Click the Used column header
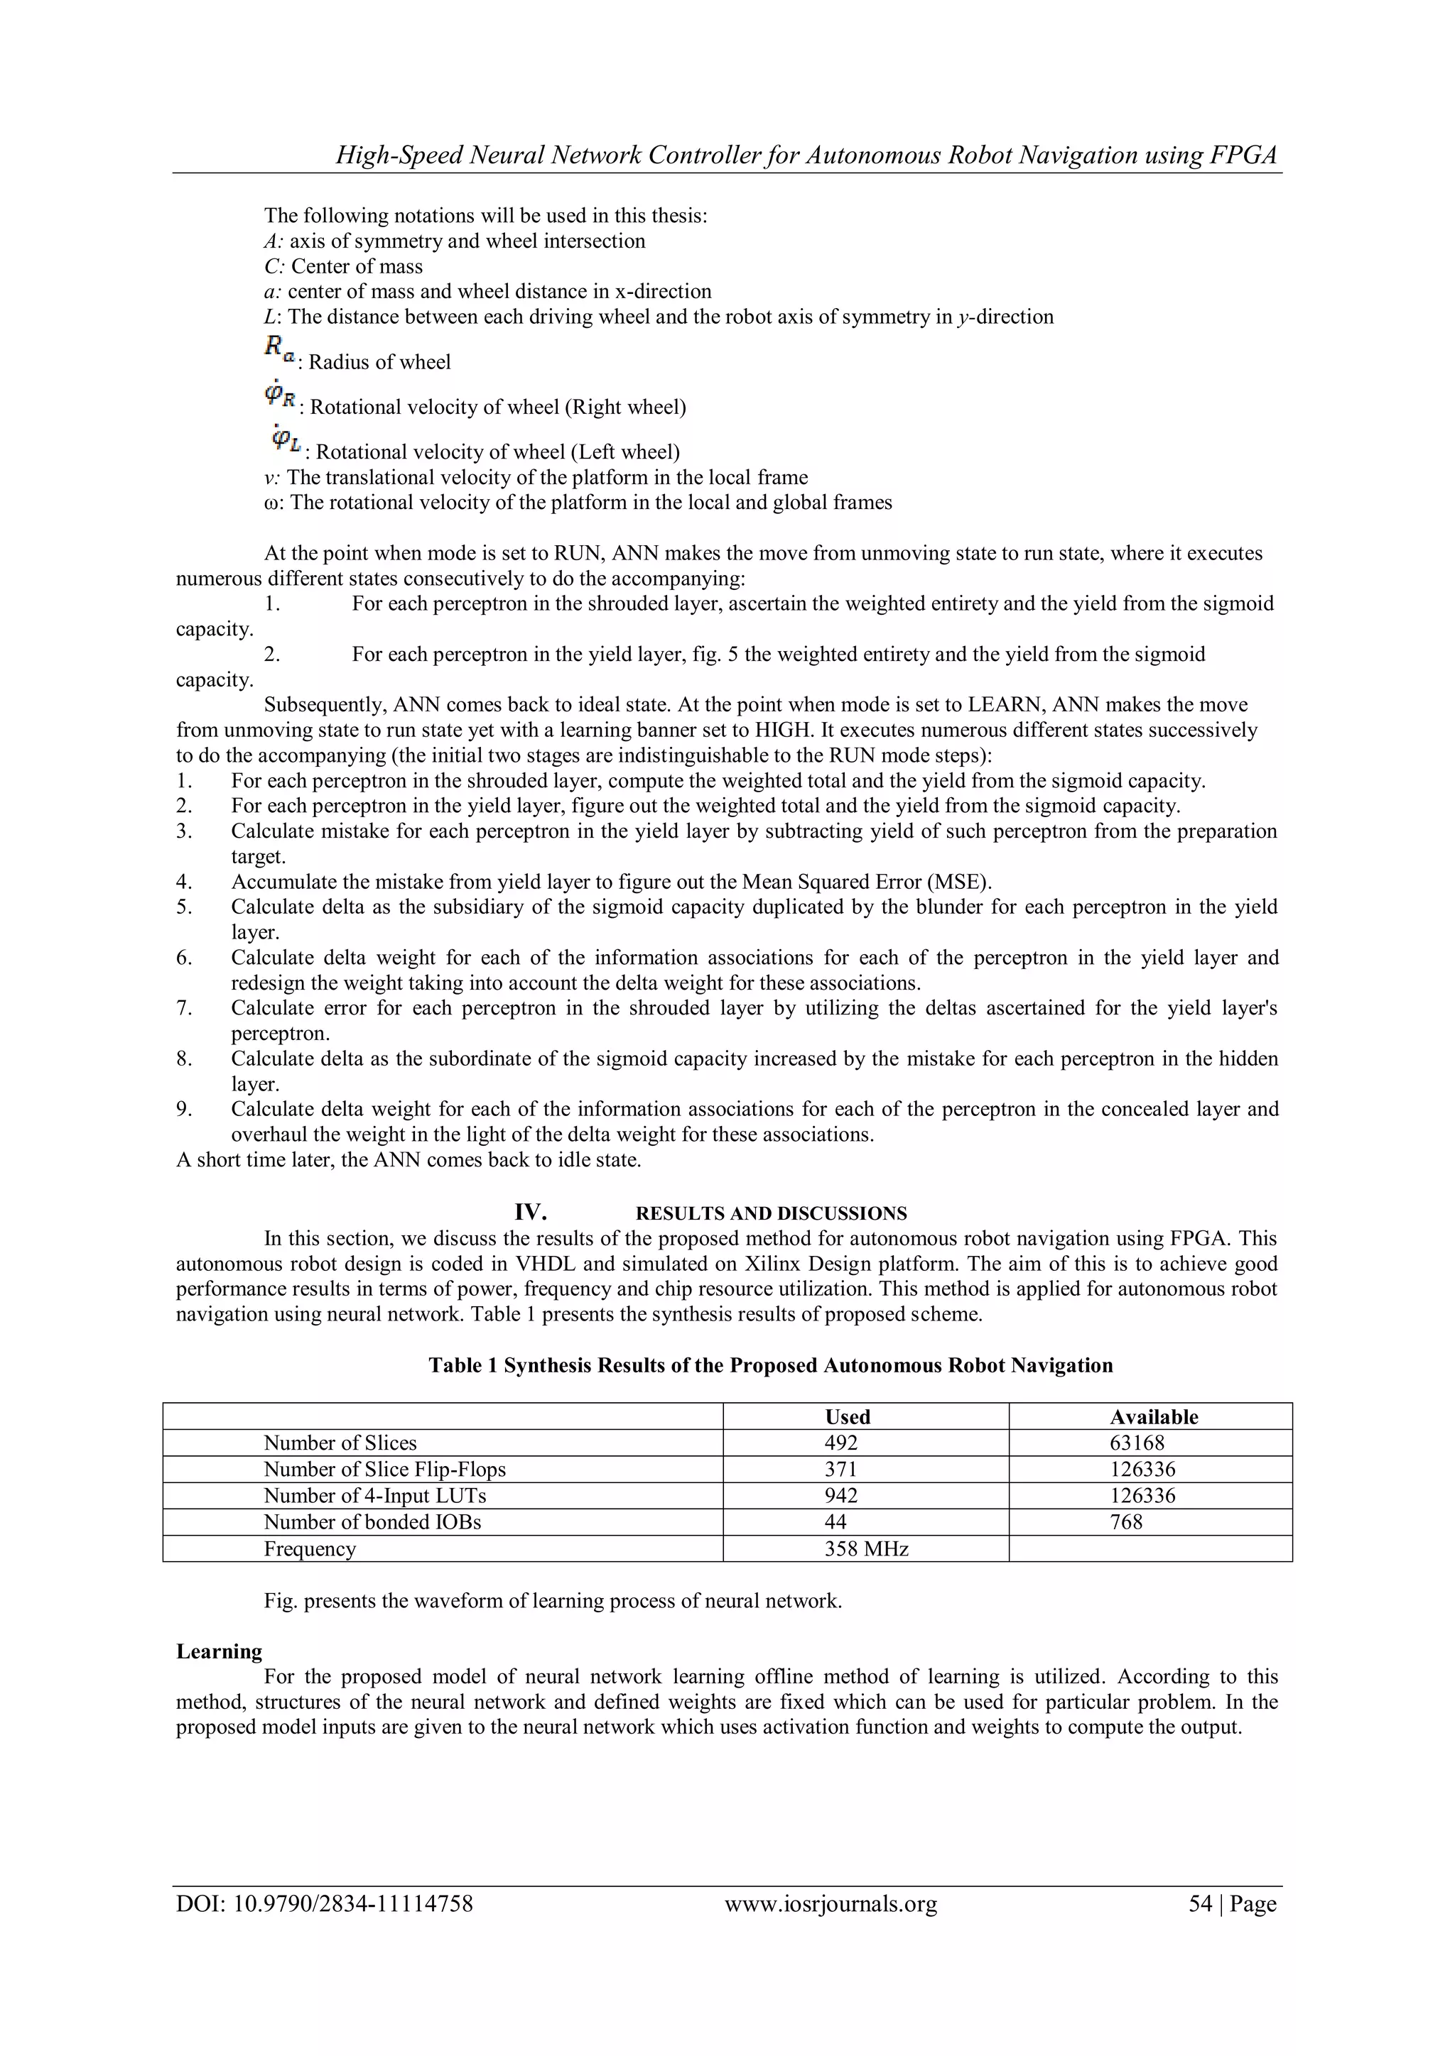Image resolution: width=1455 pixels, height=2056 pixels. click(847, 1416)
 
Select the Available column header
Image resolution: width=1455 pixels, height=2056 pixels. click(1153, 1416)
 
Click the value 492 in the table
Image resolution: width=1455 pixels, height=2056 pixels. click(840, 1443)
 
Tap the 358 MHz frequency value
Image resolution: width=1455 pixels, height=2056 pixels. click(865, 1548)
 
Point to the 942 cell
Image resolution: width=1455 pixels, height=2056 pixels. click(840, 1495)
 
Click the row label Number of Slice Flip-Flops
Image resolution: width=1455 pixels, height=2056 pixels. click(384, 1470)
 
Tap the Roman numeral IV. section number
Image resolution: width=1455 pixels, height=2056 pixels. click(531, 1213)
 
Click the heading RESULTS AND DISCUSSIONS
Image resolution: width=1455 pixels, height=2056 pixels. click(771, 1214)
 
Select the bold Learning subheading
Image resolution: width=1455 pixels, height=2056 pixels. click(219, 1651)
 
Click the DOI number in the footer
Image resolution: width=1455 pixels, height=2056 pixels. click(325, 1904)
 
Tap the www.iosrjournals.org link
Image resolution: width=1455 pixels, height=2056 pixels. click(831, 1904)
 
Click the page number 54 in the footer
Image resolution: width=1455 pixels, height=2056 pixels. click(1200, 1904)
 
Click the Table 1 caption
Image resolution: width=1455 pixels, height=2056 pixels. click(771, 1366)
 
